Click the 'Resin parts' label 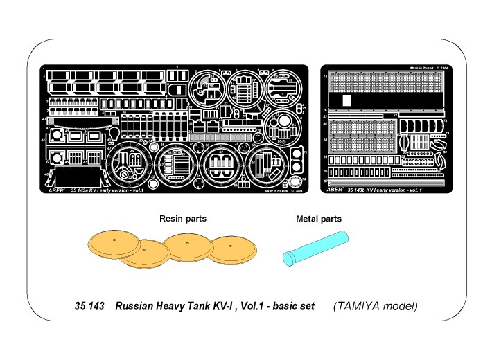coord(183,219)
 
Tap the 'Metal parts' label coord(319,219)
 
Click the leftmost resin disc coord(114,244)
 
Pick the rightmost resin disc coord(233,250)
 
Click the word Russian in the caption coord(136,305)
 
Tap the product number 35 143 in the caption coord(89,305)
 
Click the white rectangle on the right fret coord(347,99)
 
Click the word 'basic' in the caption coord(283,305)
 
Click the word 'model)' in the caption coord(404,305)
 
